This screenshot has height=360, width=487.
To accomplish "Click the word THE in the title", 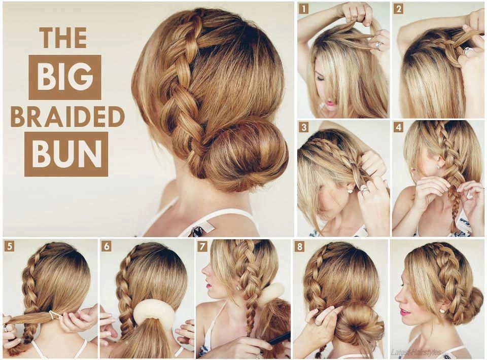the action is (x=63, y=38).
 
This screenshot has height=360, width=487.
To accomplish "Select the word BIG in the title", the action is (x=65, y=77).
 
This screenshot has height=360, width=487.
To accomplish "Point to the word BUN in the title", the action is (x=66, y=154).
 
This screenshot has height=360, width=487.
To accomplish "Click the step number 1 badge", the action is (x=303, y=9).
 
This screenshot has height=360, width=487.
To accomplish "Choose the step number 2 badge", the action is (x=398, y=9).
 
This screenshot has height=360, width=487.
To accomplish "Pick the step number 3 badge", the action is (x=303, y=127).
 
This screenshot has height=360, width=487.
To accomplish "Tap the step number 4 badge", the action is (x=398, y=127).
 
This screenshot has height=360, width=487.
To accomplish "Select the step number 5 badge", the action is (x=9, y=246).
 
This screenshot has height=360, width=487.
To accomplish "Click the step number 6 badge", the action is (x=107, y=246).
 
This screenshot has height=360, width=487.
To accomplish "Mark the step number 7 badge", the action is (x=202, y=246).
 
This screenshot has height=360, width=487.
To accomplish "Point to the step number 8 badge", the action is (x=300, y=246).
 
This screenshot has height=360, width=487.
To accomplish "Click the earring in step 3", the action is (x=351, y=191).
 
